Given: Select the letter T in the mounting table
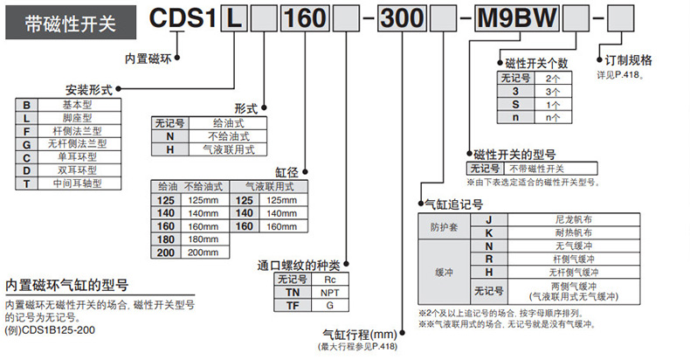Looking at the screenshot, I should point(27,183).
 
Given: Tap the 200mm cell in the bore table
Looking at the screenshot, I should point(202,253).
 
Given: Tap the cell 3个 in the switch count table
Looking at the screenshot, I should point(553,91).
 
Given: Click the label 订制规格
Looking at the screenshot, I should point(628,62).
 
